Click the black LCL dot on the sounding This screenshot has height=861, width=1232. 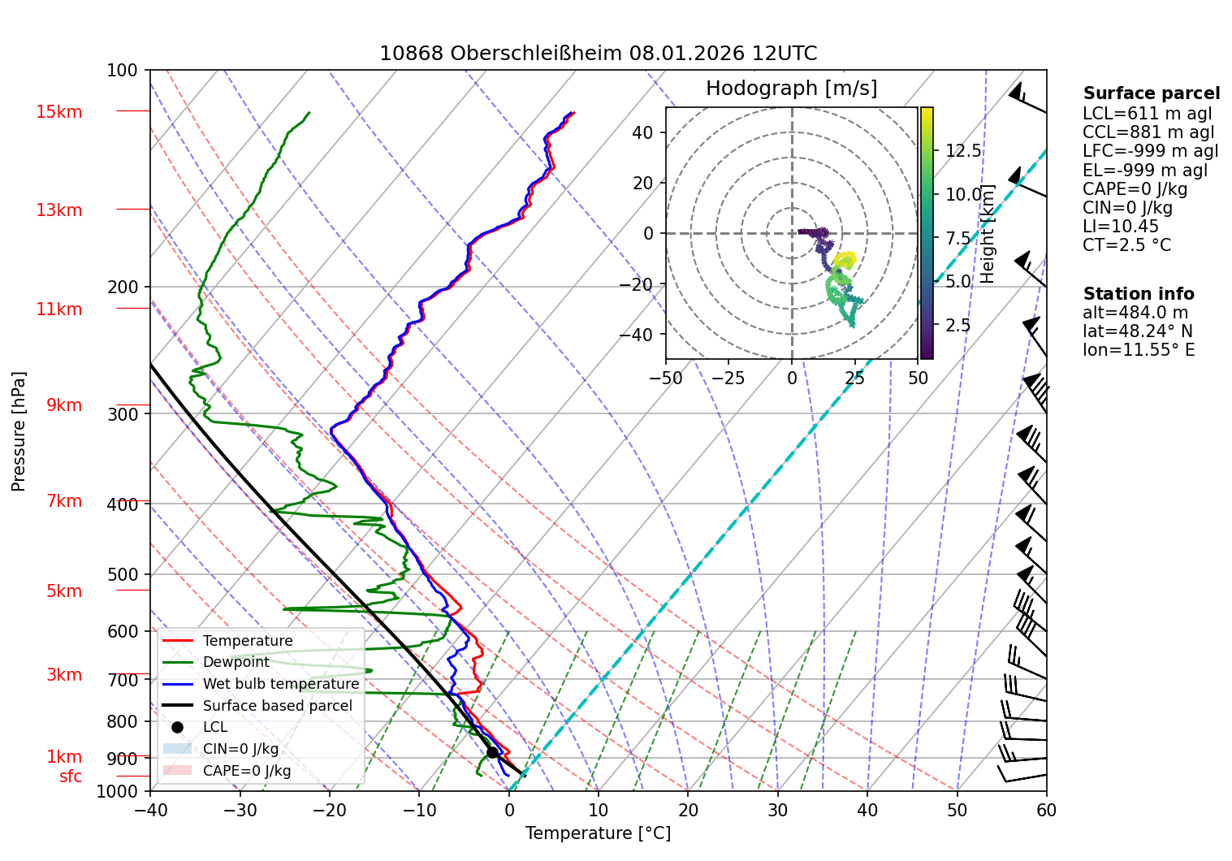coord(492,752)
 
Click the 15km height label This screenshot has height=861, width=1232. coord(58,112)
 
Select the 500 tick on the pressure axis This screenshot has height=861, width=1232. coord(123,574)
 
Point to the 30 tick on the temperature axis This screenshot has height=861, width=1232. coord(777,810)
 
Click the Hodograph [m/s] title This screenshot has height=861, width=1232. coord(791,89)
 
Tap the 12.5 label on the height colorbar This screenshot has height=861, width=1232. coord(963,151)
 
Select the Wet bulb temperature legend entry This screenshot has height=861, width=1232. coord(280,684)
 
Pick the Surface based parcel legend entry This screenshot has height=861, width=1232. coord(277,706)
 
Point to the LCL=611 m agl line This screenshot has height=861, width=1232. coord(1147,114)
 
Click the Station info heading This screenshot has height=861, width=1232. coord(1138,294)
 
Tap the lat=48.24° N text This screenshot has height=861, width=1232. coord(1138,331)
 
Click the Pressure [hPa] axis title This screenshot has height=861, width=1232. coord(19,431)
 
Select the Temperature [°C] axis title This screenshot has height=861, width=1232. coord(598,833)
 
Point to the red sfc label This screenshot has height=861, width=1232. coord(71,777)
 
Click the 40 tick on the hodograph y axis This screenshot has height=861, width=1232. coord(642,132)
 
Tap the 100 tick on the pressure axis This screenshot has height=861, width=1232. coord(123,71)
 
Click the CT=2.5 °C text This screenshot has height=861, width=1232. coord(1126,245)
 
